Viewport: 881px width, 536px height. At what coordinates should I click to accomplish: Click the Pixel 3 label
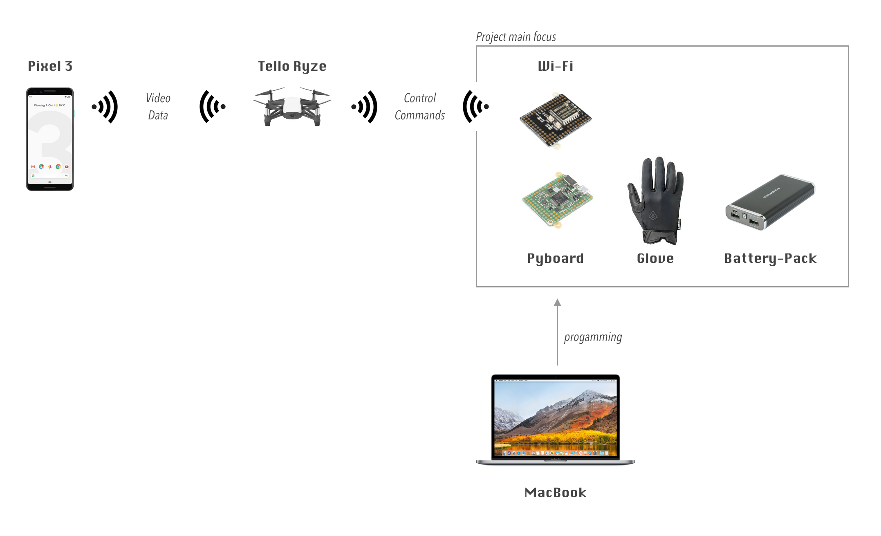[50, 66]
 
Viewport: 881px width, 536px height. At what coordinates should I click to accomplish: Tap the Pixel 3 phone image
[50, 139]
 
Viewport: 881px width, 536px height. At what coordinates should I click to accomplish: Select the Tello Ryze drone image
[292, 107]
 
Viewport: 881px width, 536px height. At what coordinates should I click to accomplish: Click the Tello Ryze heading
[292, 66]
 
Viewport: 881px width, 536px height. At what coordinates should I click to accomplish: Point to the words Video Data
[158, 107]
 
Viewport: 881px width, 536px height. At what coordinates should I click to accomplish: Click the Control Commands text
[420, 107]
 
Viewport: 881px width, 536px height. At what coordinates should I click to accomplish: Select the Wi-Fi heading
[555, 66]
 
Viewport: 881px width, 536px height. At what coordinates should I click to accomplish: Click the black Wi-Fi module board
[555, 120]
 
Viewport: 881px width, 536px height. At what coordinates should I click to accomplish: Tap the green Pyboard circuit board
[557, 200]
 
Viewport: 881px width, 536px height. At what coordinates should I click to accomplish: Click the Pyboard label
[555, 258]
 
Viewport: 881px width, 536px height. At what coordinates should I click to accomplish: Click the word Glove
[655, 258]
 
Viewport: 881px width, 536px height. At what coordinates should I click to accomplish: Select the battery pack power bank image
[770, 202]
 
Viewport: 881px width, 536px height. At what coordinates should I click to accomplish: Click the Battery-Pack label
[770, 258]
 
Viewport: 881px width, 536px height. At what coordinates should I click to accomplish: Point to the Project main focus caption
[516, 37]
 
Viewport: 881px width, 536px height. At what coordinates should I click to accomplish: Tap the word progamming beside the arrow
[593, 337]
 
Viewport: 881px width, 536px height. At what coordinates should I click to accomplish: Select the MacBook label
[555, 493]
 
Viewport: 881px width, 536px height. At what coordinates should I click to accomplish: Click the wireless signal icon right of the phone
[105, 107]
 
